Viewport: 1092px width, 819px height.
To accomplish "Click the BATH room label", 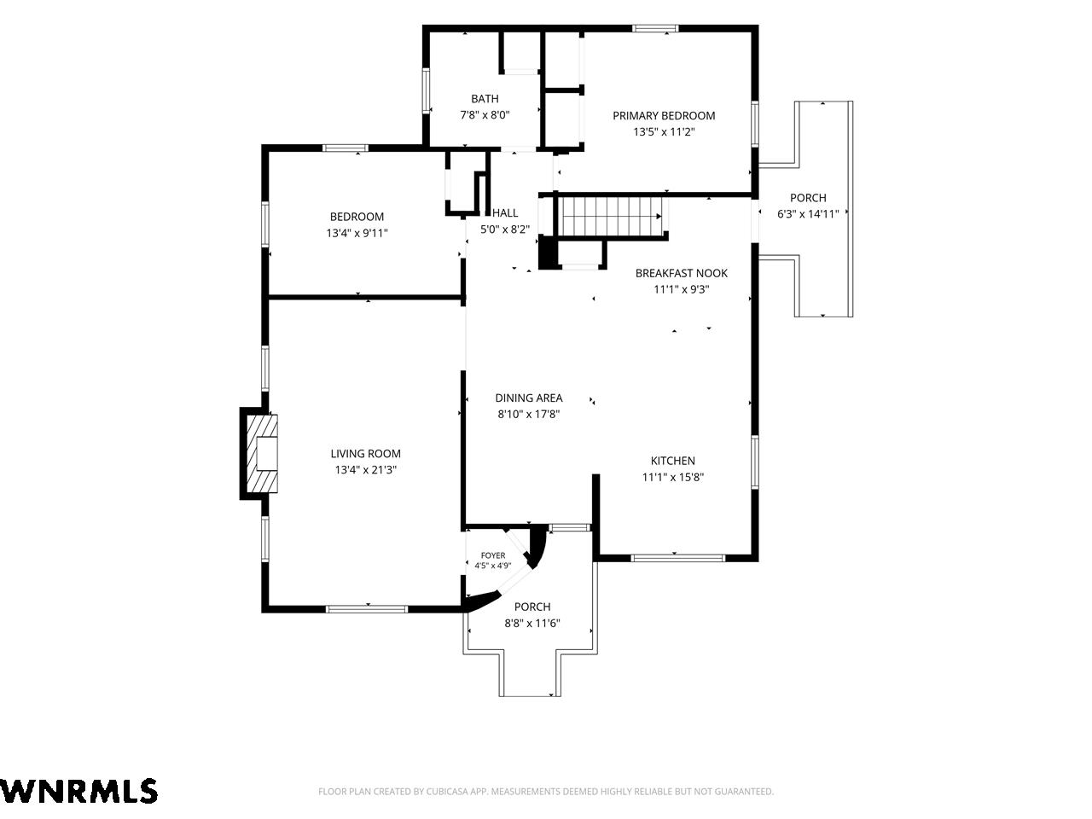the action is pos(485,98).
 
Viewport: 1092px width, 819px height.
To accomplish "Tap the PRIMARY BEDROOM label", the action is pos(664,115).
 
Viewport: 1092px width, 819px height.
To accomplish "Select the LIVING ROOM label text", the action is pos(366,454).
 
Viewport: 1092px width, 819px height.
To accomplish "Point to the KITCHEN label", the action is pos(672,461).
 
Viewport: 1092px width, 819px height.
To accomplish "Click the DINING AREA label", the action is pos(529,398).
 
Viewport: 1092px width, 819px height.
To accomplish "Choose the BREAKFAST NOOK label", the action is pos(681,273).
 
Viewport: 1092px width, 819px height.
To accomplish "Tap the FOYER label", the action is pos(493,555).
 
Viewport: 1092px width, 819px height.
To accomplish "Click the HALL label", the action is pos(505,212).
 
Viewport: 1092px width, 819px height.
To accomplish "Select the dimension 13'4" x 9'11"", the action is pos(357,233).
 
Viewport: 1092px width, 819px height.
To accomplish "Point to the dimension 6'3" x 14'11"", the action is pos(808,214).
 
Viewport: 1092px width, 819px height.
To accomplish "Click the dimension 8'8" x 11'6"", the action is pos(532,623).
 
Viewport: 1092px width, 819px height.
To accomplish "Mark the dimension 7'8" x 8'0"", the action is pos(485,115).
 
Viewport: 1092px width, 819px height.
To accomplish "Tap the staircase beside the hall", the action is pos(611,217).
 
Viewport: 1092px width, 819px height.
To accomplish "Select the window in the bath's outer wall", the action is pos(426,91).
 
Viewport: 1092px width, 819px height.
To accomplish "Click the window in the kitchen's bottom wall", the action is pos(677,558).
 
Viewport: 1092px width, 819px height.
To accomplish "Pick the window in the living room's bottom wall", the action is pos(367,609).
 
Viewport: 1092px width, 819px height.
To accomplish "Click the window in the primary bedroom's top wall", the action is pos(655,28).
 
